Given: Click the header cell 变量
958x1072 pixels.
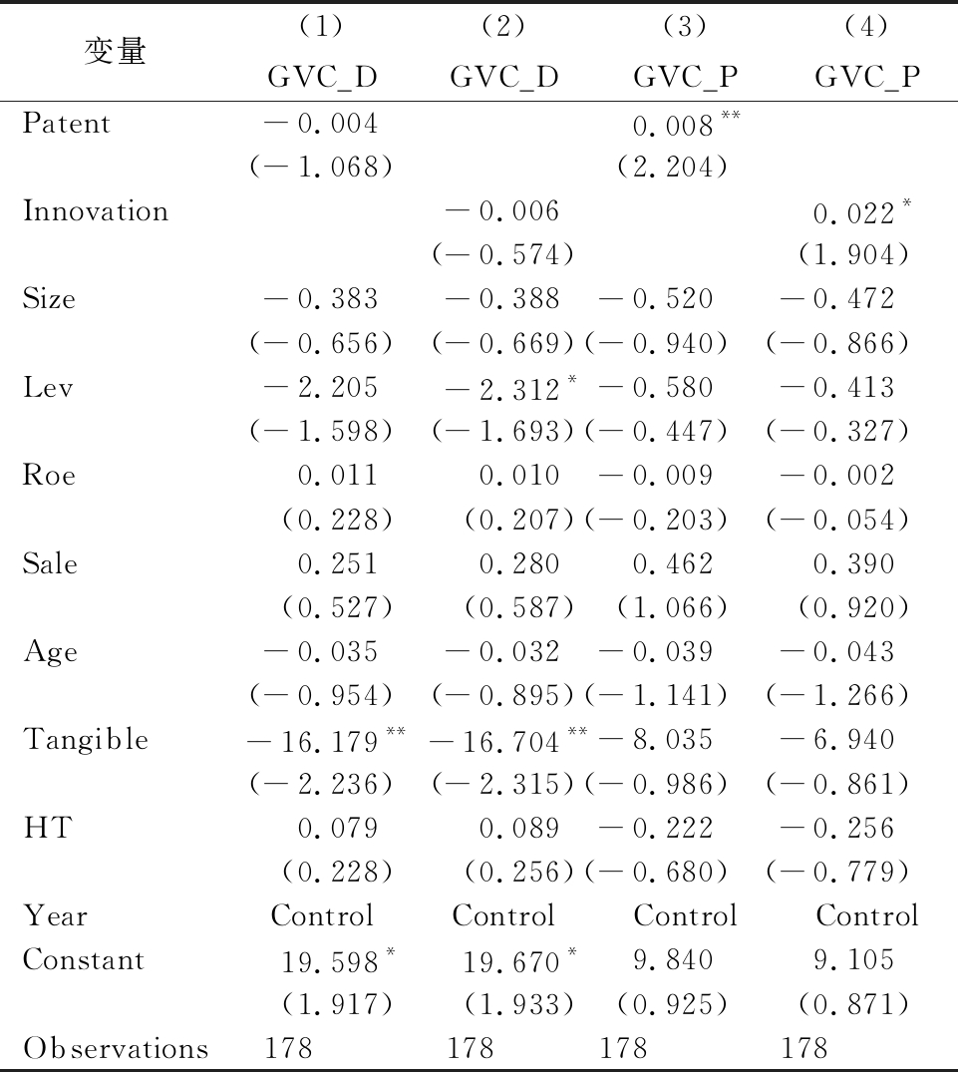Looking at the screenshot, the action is (x=115, y=51).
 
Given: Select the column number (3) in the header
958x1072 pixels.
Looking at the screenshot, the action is (x=685, y=26).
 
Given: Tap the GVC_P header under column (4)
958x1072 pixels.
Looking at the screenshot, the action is (x=867, y=77).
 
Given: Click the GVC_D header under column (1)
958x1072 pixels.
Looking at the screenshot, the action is (x=322, y=77).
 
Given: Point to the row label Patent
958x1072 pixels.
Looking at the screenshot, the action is (x=66, y=123).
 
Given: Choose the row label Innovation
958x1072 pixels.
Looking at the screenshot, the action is (x=95, y=210).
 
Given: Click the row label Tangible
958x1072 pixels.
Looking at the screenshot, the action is (x=86, y=739).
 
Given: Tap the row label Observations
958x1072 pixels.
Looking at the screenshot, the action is (x=116, y=1048).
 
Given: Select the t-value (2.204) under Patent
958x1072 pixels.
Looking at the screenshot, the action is (x=672, y=167).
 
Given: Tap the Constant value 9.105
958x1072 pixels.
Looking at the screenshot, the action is (x=853, y=960).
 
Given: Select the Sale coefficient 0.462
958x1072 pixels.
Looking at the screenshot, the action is (x=672, y=564).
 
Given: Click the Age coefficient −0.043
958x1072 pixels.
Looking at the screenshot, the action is (x=837, y=651).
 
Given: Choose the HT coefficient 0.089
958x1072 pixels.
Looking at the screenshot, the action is (x=519, y=828).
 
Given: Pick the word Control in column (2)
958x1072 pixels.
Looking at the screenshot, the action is (x=503, y=915).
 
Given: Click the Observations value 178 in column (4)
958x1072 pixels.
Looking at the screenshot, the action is (x=803, y=1048).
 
